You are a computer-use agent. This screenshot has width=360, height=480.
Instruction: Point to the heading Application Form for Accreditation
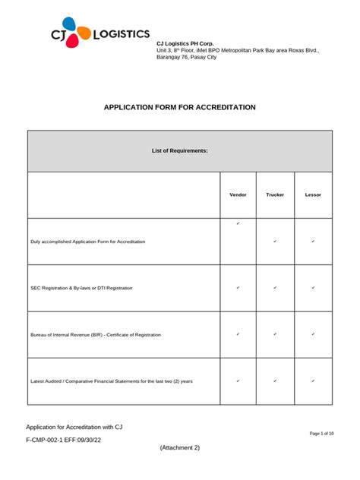pyautogui.click(x=180, y=108)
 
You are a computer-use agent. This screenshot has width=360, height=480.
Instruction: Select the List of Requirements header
pyautogui.click(x=180, y=151)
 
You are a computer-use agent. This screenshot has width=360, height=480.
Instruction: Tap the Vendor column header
pyautogui.click(x=238, y=195)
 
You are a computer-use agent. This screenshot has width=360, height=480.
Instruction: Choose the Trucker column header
pyautogui.click(x=275, y=195)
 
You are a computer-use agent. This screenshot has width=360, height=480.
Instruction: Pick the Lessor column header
pyautogui.click(x=313, y=195)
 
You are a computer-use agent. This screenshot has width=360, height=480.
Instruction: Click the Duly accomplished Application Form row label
pyautogui.click(x=88, y=242)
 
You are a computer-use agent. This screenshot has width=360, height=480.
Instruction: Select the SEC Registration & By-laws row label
pyautogui.click(x=81, y=288)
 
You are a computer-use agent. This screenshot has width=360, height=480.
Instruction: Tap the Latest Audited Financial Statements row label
pyautogui.click(x=112, y=381)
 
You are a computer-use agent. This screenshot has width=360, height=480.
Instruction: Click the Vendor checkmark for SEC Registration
pyautogui.click(x=238, y=288)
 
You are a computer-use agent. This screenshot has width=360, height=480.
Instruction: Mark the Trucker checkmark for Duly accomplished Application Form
pyautogui.click(x=275, y=242)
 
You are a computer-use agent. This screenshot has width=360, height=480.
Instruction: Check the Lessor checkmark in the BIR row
pyautogui.click(x=313, y=334)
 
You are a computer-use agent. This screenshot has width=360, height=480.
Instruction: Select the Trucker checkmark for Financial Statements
pyautogui.click(x=275, y=381)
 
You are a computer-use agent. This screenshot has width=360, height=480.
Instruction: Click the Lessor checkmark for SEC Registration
pyautogui.click(x=313, y=288)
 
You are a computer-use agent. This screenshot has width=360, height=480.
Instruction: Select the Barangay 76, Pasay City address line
pyautogui.click(x=186, y=58)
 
